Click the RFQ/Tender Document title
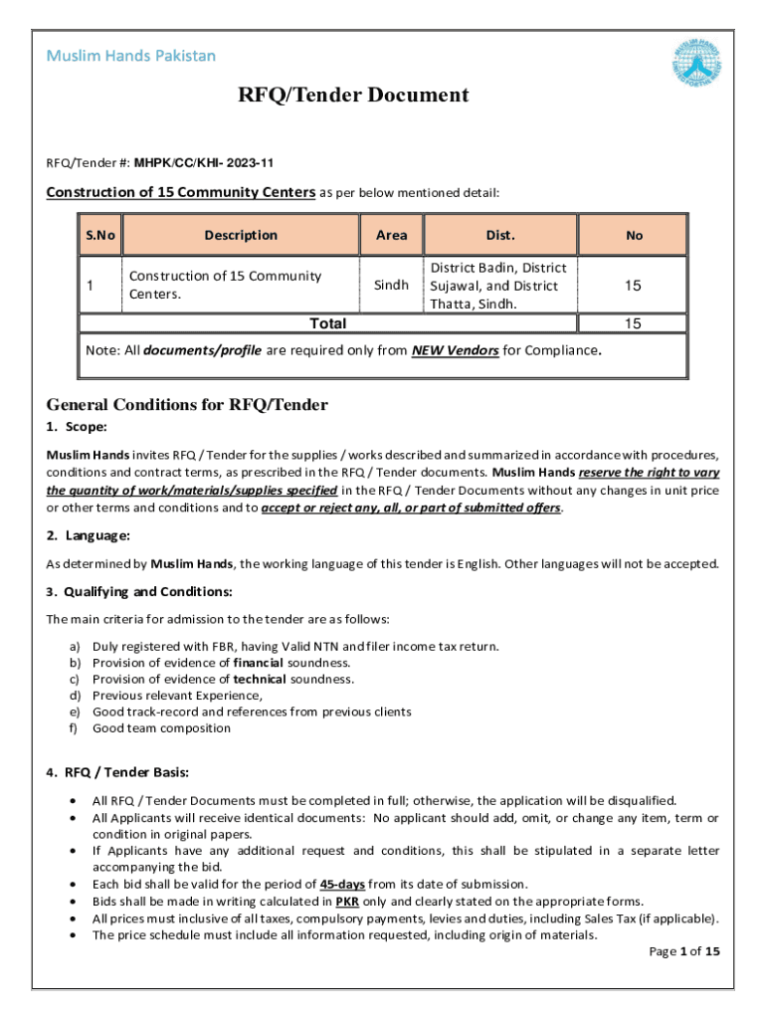(x=352, y=96)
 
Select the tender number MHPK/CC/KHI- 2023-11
(x=204, y=162)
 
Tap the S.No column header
(x=99, y=236)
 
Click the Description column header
(x=241, y=236)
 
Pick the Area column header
(x=392, y=236)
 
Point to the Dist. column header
(x=500, y=236)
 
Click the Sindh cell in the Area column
(x=391, y=286)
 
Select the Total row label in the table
(x=328, y=323)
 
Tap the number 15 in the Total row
(x=633, y=323)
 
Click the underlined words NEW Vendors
(x=455, y=351)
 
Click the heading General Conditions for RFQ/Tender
(x=187, y=405)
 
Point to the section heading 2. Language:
(x=89, y=536)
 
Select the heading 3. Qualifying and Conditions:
(x=139, y=592)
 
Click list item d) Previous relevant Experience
(x=177, y=696)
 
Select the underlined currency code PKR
(x=334, y=900)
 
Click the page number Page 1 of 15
(x=683, y=951)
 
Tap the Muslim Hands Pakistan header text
(x=130, y=56)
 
